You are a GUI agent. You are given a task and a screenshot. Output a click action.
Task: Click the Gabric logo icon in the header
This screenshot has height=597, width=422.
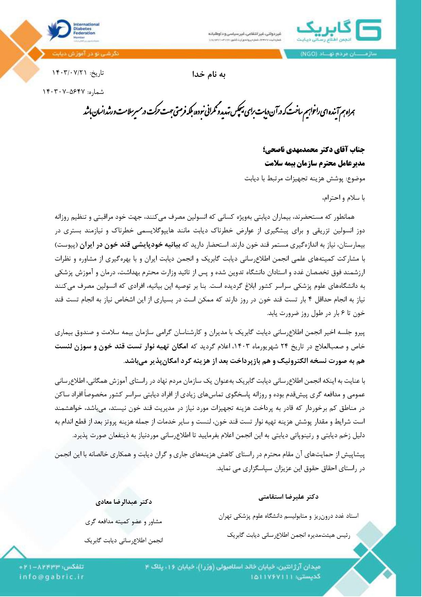[369, 30]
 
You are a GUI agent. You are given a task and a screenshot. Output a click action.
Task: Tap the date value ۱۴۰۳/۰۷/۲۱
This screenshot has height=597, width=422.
[70, 73]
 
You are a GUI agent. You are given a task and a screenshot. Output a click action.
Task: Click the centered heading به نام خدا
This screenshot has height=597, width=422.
[209, 74]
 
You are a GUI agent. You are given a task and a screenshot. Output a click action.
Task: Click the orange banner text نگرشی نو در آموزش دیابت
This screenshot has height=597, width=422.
[86, 54]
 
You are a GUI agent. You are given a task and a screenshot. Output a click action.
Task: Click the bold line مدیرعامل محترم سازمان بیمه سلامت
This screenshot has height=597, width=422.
[315, 163]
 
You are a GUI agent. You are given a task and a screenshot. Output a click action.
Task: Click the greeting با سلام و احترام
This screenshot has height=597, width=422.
[344, 198]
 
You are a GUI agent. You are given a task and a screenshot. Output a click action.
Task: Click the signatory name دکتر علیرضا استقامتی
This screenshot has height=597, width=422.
[288, 497]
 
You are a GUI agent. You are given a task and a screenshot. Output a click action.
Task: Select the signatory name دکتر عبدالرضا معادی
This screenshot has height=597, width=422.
[124, 502]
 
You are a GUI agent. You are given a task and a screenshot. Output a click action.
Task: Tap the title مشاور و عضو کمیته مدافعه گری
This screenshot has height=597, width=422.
[124, 521]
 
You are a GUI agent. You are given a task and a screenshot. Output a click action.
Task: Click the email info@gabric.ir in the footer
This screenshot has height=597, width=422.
[52, 576]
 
